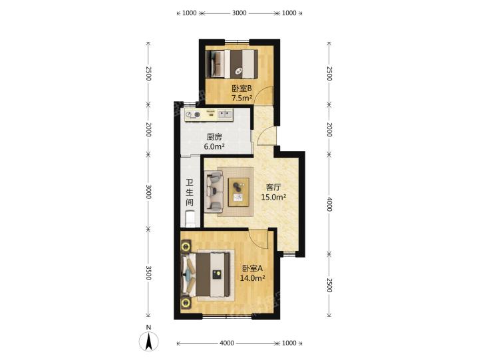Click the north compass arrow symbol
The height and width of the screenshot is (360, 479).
coord(149,342)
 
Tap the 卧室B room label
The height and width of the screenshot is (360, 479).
coord(241,89)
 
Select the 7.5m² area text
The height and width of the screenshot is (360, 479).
coord(241,98)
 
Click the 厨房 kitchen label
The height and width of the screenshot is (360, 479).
coord(214,137)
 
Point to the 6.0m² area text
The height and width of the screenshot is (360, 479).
coord(214,146)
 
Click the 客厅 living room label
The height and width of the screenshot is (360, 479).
coord(273,188)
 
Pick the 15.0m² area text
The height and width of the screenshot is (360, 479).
coord(273,197)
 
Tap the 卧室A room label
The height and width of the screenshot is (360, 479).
coord(252,268)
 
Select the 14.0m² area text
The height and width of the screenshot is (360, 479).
coord(252,278)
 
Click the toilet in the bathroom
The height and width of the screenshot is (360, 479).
coord(190,218)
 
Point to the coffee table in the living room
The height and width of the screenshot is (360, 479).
coord(239,192)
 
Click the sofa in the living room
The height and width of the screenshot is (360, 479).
coord(214,192)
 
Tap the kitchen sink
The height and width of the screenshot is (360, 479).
coord(226,114)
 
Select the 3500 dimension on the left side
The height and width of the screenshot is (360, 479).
coord(148,273)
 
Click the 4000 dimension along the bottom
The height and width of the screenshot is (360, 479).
coord(227,343)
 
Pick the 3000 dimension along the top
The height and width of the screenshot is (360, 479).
coord(239,13)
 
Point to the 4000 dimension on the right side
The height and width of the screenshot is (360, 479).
coord(329,204)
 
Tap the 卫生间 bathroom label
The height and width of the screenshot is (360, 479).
coord(190,192)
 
